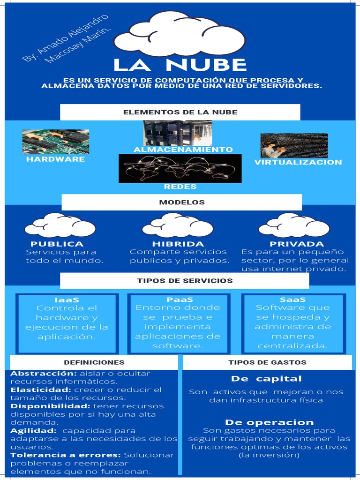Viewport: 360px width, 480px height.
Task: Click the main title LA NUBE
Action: click(180, 65)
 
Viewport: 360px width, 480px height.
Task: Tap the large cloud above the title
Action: click(180, 34)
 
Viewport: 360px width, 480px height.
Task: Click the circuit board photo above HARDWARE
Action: click(55, 142)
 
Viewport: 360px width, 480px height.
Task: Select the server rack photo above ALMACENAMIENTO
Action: click(178, 133)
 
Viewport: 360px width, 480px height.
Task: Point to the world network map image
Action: click(180, 168)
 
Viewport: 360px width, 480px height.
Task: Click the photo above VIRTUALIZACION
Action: click(294, 145)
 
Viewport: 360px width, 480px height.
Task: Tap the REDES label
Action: click(180, 187)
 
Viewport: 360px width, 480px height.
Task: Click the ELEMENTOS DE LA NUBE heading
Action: click(180, 112)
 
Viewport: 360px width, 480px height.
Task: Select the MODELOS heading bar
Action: click(182, 202)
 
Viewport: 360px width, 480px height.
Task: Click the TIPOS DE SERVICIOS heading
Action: click(185, 281)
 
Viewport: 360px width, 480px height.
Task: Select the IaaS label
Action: click(67, 300)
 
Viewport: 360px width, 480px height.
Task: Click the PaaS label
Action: click(180, 300)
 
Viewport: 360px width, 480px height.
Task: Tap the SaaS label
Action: click(292, 300)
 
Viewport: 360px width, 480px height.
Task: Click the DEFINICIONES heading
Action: click(94, 362)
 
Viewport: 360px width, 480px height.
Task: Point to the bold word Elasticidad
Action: click(40, 390)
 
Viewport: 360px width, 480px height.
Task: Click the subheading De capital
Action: click(266, 379)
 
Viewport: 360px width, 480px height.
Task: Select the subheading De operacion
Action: click(269, 422)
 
